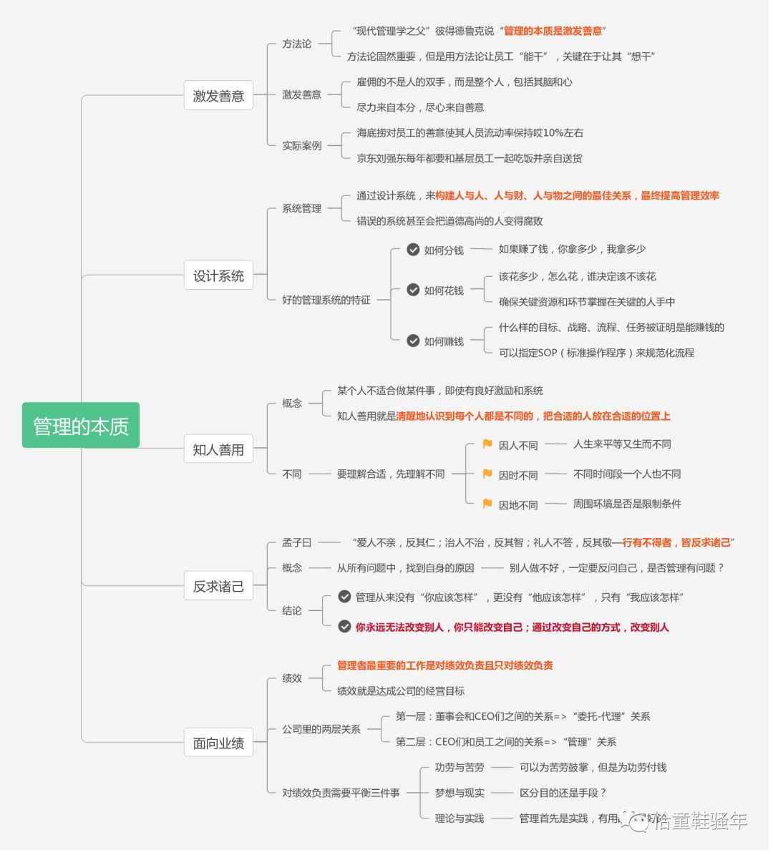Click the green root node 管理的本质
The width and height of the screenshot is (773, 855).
click(81, 426)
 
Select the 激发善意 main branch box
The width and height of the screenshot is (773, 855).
click(218, 96)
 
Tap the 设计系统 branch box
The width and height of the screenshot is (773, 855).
click(218, 275)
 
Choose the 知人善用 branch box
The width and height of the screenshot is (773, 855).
click(218, 449)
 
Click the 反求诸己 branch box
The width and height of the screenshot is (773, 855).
click(218, 586)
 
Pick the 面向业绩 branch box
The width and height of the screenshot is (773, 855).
click(218, 743)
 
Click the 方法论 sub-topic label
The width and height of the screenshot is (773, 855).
click(296, 44)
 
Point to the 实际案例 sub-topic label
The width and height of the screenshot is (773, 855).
click(301, 145)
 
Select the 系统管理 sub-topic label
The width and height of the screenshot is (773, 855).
click(301, 208)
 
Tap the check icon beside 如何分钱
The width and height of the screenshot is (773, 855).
click(413, 250)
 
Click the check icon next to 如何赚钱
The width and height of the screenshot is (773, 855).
click(413, 341)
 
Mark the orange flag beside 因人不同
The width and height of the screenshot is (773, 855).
click(487, 444)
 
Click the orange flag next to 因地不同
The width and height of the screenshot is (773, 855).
click(487, 504)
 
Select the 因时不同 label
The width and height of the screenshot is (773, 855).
click(518, 475)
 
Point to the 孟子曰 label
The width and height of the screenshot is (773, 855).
click(296, 542)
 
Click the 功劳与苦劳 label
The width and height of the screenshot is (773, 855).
click(460, 767)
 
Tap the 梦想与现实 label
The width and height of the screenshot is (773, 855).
click(460, 793)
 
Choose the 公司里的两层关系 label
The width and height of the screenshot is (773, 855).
click(321, 729)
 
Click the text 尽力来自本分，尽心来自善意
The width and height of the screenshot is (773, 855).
click(420, 107)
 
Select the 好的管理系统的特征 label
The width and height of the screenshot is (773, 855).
click(326, 300)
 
